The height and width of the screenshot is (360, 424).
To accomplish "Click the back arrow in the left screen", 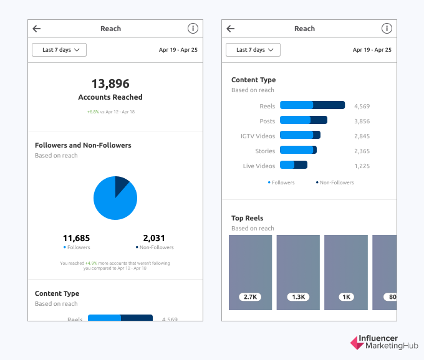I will point(37,29).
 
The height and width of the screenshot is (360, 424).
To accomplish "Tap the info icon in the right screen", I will point(387,29).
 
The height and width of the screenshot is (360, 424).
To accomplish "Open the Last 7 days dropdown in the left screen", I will point(59,50).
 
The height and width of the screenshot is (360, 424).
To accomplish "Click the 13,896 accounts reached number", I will point(110,83).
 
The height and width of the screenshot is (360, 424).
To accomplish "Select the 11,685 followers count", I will point(77,238).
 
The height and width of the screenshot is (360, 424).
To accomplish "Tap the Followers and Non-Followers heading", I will point(83,145).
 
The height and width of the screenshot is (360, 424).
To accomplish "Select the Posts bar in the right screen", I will point(304,120).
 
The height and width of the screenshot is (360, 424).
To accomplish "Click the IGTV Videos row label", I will point(258,136).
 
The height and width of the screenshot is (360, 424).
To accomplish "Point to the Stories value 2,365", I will point(362,151).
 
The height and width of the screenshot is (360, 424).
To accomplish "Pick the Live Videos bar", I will point(294,166).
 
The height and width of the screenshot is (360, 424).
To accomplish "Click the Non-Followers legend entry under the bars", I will point(335,182).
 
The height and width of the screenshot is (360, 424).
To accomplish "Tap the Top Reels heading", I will point(248,218).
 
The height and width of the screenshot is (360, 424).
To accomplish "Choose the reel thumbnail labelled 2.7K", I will point(251,272).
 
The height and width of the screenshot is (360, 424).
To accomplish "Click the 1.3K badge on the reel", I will point(298,297).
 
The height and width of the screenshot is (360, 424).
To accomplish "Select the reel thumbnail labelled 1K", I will point(345,272).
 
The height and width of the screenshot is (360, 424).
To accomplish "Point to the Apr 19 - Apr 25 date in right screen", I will point(371,50).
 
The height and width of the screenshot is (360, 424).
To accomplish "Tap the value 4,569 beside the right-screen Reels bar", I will point(362,106).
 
